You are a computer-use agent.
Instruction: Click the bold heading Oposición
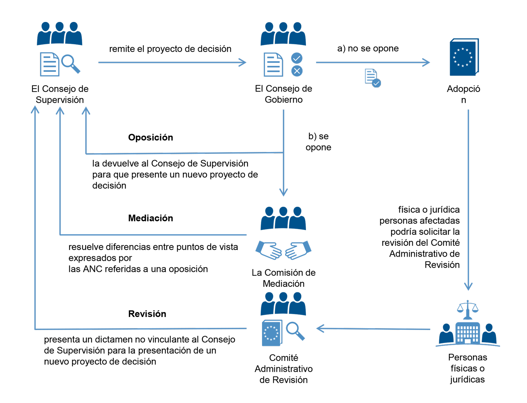tap(150, 137)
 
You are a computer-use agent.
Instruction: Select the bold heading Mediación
tap(150, 218)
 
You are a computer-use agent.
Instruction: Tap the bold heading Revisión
tap(147, 314)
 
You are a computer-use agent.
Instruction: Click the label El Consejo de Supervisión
tap(60, 94)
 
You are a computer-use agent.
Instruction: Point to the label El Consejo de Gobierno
tap(284, 94)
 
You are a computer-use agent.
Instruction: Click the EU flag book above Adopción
tap(464, 57)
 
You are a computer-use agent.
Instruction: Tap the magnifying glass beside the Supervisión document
tap(70, 63)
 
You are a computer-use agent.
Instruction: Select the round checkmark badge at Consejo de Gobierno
tap(297, 58)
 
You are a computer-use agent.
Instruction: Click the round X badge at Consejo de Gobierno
tap(297, 71)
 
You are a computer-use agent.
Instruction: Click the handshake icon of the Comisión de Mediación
tap(283, 250)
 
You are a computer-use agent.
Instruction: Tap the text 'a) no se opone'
tap(368, 48)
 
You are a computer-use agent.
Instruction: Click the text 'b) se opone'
tap(318, 142)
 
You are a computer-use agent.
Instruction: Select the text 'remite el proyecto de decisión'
tap(170, 49)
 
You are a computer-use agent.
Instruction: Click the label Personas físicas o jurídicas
tap(467, 368)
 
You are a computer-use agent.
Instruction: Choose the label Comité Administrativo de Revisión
tap(284, 369)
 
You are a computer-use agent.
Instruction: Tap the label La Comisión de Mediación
tap(284, 278)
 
